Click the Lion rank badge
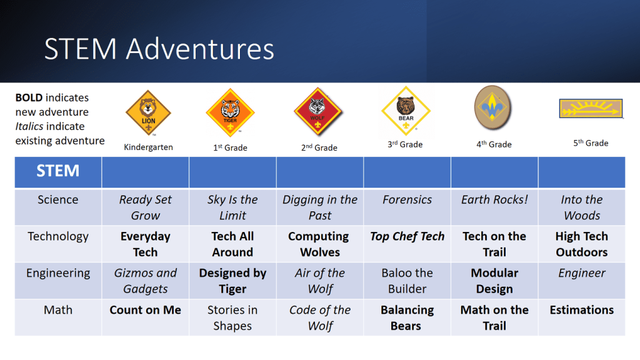[148, 112]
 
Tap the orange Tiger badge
[230, 112]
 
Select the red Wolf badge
[317, 112]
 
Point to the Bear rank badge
[406, 110]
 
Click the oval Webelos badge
[492, 107]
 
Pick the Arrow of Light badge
[591, 109]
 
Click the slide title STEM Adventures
[159, 49]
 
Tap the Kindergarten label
[148, 147]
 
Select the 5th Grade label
[591, 143]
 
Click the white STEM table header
[58, 171]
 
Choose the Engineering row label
[58, 274]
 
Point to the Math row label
[58, 310]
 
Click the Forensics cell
[407, 199]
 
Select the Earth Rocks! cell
[494, 199]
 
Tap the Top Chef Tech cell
[407, 236]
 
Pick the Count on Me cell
[145, 310]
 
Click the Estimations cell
[582, 310]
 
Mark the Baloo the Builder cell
[407, 281]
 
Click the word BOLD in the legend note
[29, 97]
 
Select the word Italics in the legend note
[29, 126]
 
